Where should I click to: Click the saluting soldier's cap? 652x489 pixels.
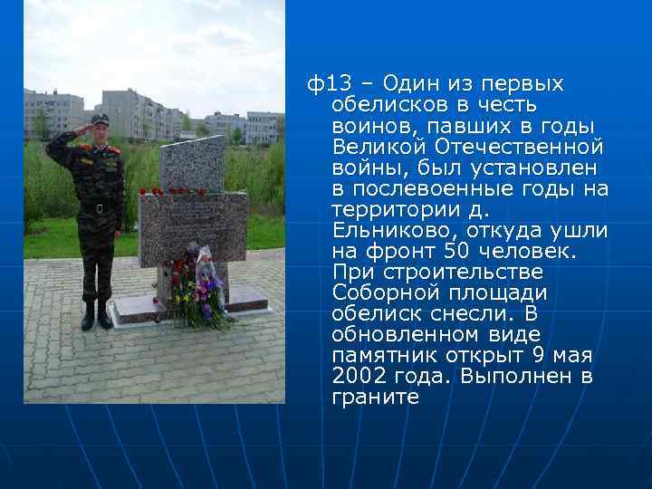99,119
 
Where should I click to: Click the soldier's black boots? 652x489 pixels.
96,316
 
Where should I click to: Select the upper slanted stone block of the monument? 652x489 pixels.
192,163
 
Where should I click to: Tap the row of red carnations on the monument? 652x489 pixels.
172,192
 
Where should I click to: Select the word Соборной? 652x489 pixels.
378,293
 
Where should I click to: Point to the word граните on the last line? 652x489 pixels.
376,398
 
